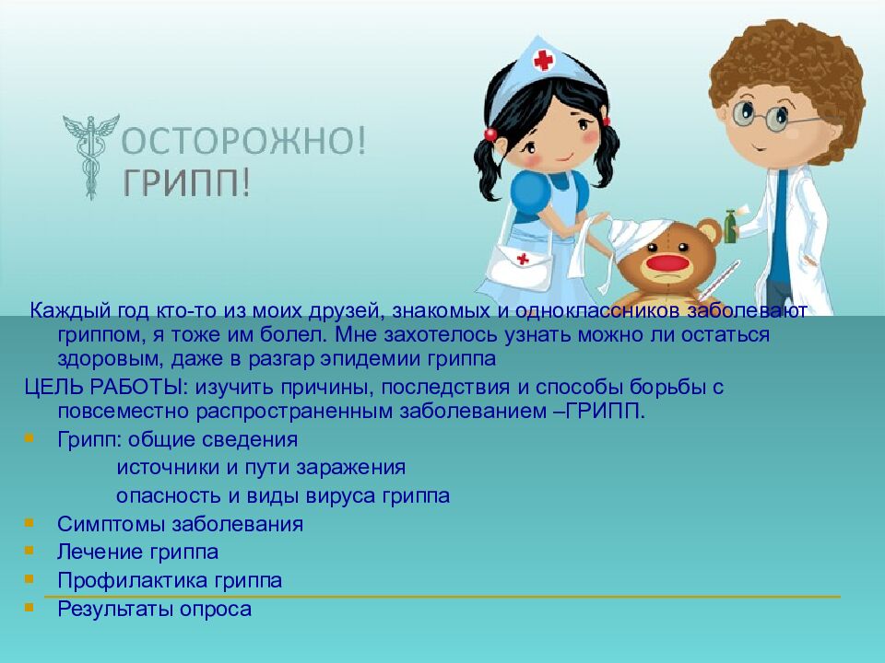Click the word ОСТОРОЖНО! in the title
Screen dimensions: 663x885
click(x=244, y=143)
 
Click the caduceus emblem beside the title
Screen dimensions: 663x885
click(x=89, y=157)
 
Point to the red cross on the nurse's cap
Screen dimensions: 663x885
click(x=545, y=61)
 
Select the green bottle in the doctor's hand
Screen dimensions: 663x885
click(x=730, y=226)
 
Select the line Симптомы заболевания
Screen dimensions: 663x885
click(x=180, y=525)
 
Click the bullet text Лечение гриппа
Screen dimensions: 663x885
click(x=137, y=552)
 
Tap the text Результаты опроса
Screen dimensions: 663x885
click(x=154, y=609)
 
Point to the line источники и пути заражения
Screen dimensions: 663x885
click(x=261, y=468)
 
